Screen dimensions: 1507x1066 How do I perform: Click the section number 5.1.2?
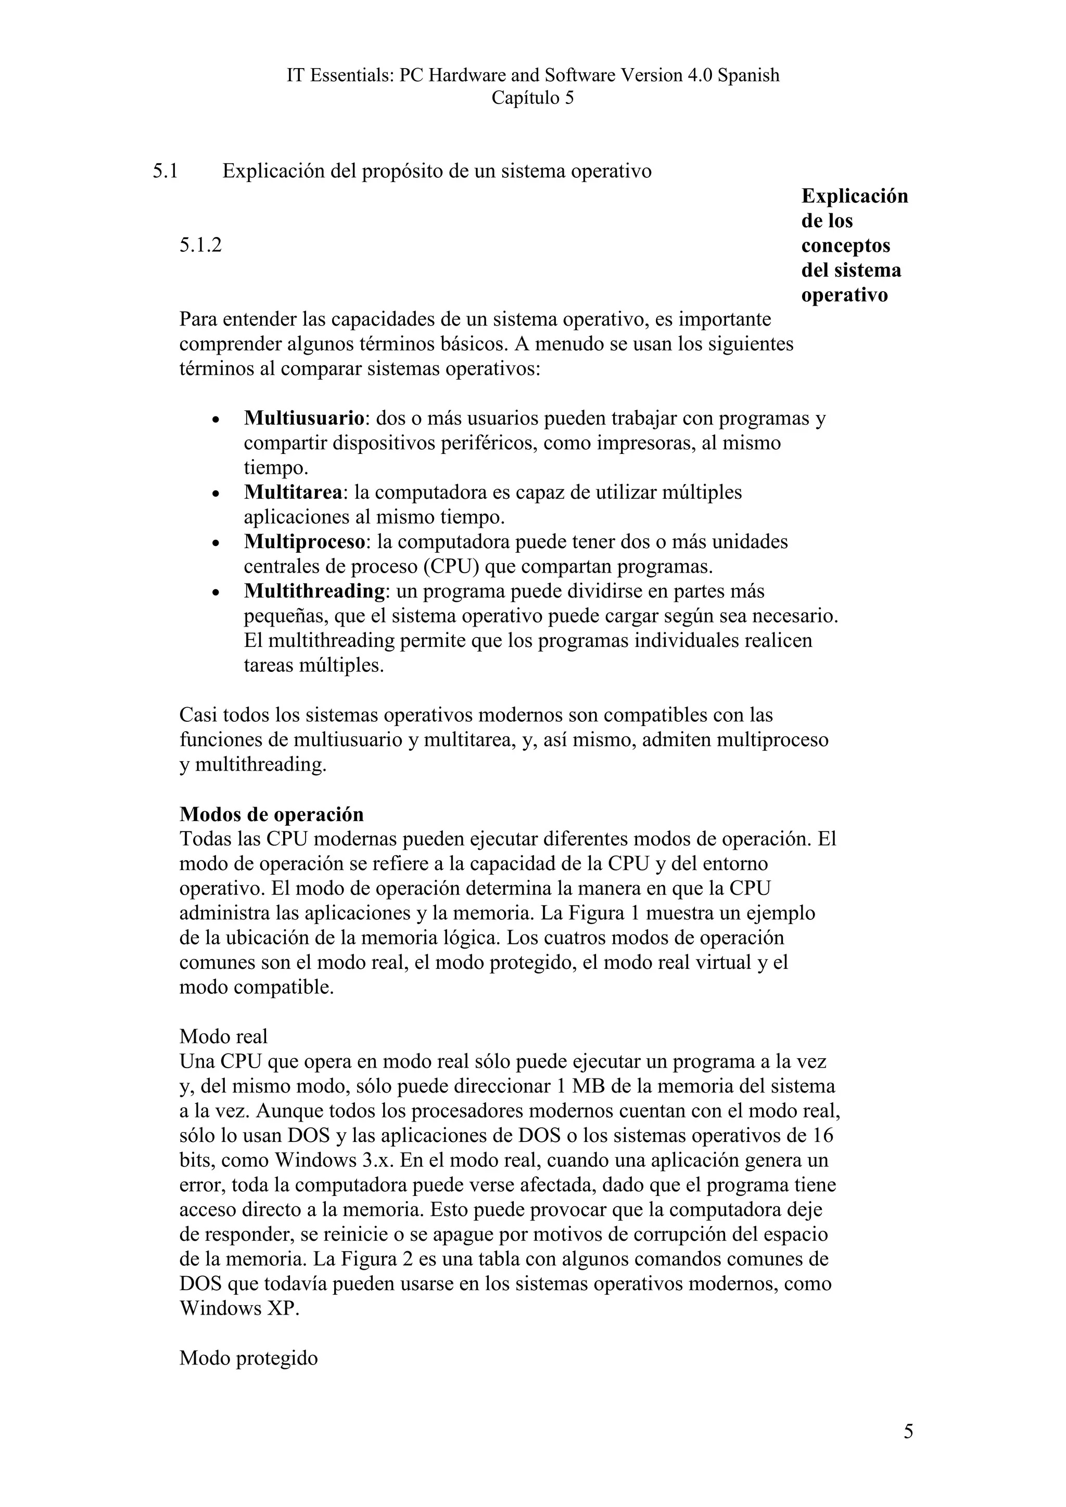click(200, 245)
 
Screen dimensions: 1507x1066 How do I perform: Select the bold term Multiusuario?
click(304, 418)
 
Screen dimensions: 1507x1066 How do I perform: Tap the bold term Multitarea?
click(293, 492)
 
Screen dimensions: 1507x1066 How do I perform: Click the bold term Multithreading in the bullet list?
click(314, 591)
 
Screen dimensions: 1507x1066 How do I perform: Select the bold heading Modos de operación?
click(271, 814)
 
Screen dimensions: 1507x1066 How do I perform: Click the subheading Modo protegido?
click(248, 1358)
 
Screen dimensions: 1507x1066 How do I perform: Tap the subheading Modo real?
click(223, 1036)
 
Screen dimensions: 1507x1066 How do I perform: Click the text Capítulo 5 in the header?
click(532, 98)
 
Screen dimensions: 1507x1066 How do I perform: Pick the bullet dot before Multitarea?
click(216, 494)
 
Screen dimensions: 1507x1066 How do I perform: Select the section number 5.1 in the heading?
click(166, 171)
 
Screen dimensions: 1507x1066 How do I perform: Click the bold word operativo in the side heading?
click(844, 295)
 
